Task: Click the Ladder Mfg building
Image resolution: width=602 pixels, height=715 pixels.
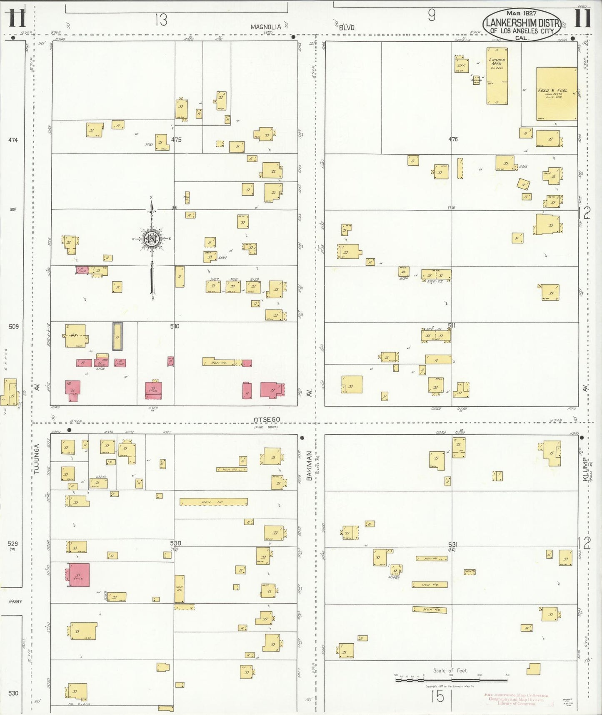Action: [497, 76]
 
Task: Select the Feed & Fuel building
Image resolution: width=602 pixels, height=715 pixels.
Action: [556, 94]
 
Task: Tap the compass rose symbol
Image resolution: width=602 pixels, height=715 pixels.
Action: [152, 239]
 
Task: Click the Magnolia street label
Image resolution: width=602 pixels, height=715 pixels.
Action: [266, 27]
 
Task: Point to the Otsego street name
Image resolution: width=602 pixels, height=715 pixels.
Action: [267, 419]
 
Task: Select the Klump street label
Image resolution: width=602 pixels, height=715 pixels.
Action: [586, 470]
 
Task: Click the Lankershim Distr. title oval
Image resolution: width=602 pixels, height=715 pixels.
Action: [522, 25]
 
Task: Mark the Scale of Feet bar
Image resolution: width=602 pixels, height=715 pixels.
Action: [451, 680]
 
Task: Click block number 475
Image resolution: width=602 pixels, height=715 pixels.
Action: [176, 140]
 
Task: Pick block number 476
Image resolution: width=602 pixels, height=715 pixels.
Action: [453, 139]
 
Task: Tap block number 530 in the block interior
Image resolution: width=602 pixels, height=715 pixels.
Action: [175, 543]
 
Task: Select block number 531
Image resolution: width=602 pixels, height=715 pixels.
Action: [452, 544]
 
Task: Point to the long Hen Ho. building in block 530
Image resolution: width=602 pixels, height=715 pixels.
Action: [213, 502]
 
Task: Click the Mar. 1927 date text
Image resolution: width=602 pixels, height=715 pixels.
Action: [521, 13]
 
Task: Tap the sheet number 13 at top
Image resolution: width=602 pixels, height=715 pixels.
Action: [161, 20]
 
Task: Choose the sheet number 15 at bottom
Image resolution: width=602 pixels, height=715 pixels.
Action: [437, 696]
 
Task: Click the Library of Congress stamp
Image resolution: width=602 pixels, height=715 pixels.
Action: [516, 700]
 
